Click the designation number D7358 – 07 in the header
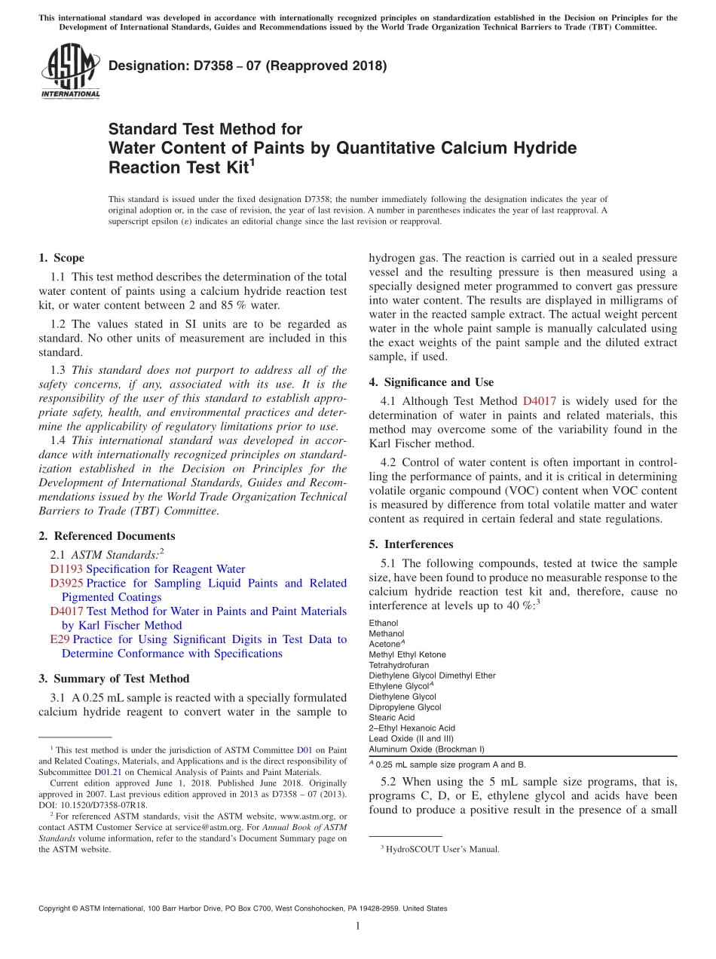point(247,66)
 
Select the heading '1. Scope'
point(62,258)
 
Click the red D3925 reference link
point(66,584)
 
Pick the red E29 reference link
point(60,639)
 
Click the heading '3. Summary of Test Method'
point(114,679)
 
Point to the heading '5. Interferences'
point(411,544)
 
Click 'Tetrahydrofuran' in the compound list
point(399,666)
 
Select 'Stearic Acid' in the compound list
point(392,718)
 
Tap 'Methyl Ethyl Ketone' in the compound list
point(407,655)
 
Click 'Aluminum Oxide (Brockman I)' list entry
point(427,749)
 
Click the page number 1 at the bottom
point(358,927)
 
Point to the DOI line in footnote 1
point(93,805)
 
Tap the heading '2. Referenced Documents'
point(107,536)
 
